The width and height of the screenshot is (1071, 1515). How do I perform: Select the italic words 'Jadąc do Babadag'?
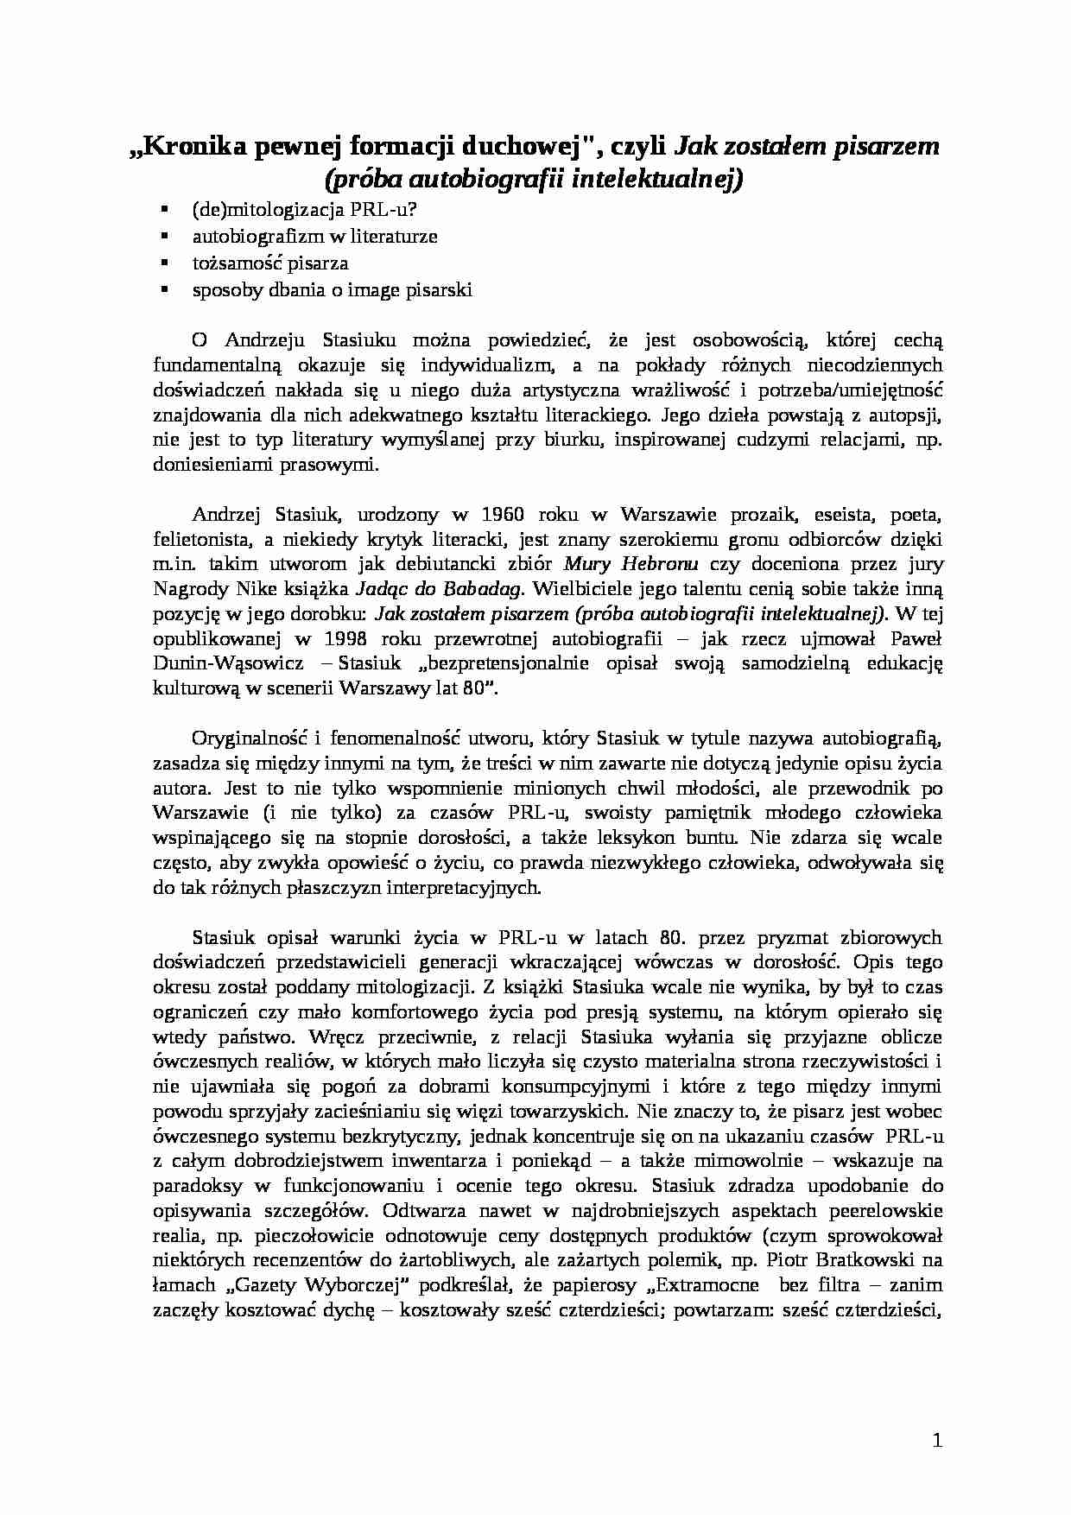(x=439, y=589)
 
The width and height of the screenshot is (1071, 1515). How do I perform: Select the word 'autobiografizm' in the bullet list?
(x=247, y=236)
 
